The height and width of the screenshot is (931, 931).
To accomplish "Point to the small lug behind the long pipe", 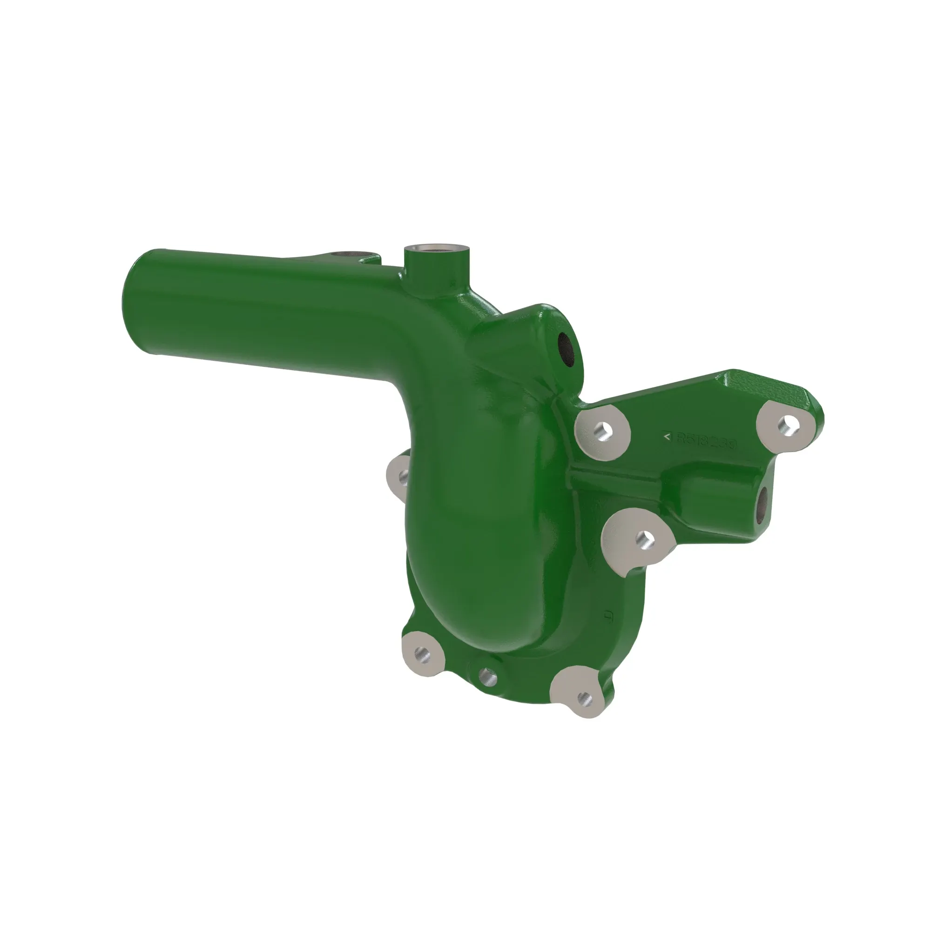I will click(357, 255).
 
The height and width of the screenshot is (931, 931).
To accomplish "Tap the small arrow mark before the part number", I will click(667, 437).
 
